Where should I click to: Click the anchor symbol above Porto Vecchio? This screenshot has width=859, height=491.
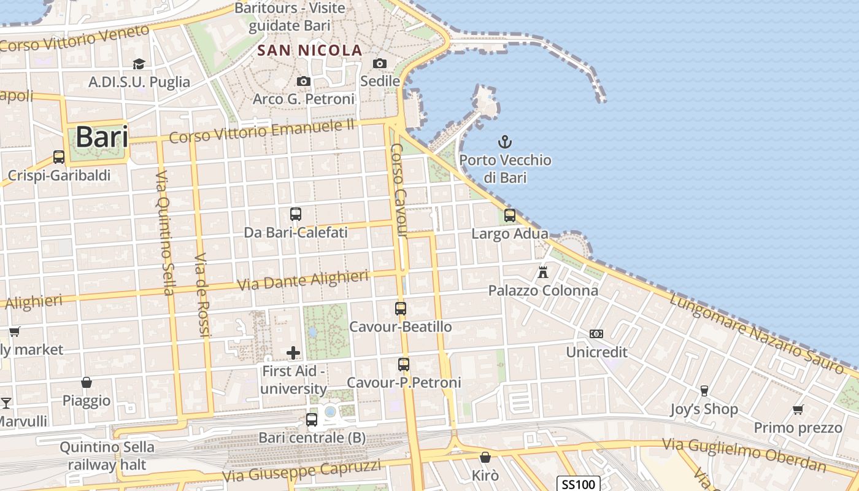(x=504, y=142)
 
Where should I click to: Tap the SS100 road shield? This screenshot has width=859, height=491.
(x=579, y=484)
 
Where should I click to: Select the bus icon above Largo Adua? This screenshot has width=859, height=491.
(x=510, y=215)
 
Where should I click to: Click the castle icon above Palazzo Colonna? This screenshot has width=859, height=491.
(x=543, y=271)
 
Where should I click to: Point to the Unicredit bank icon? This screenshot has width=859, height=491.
(x=596, y=334)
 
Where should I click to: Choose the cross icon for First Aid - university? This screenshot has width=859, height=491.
(x=293, y=352)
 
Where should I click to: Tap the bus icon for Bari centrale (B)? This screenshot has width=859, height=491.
(x=312, y=420)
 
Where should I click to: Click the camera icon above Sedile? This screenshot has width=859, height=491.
(x=380, y=63)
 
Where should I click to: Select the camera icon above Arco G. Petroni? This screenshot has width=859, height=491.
(x=303, y=81)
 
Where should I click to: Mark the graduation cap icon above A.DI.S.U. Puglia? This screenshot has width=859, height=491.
(x=139, y=64)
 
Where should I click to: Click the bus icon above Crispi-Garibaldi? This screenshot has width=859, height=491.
(x=59, y=157)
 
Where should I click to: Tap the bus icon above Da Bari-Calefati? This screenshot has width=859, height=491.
(x=296, y=214)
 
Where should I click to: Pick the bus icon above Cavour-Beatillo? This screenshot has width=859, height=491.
(x=401, y=308)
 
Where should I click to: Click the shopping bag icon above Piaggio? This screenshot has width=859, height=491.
(x=87, y=382)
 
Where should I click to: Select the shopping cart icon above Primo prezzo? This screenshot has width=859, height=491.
(x=798, y=409)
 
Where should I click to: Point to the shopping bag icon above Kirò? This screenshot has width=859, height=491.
(x=485, y=457)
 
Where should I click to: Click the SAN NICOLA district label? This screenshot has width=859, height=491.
(x=310, y=50)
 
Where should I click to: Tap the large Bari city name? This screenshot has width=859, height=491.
(x=102, y=137)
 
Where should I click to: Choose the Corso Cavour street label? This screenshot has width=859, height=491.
(x=399, y=190)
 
